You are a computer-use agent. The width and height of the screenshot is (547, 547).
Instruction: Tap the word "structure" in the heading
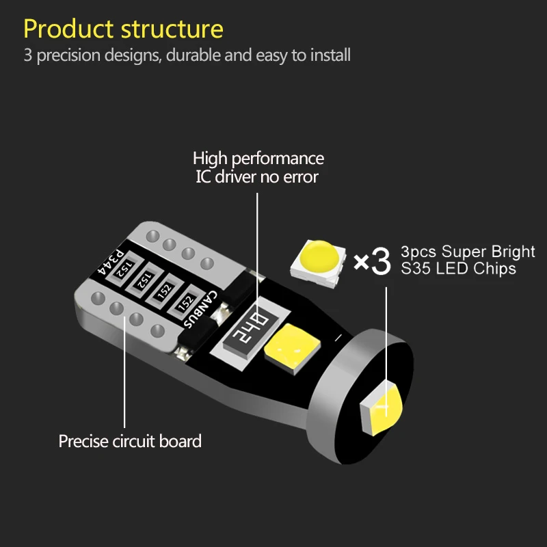point(172,29)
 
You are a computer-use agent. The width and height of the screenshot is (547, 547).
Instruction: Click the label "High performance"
point(258,159)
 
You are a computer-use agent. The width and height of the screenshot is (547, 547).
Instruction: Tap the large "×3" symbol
point(372,261)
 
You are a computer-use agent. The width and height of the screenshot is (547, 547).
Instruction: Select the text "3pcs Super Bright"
point(468,251)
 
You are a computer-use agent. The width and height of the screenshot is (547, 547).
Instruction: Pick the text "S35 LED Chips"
point(458,269)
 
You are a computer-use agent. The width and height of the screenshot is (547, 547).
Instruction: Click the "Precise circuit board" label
point(130,441)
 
